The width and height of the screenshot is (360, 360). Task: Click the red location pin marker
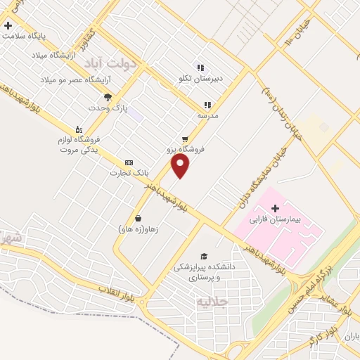(x=181, y=166)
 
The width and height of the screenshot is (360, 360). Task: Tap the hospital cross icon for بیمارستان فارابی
(x=275, y=208)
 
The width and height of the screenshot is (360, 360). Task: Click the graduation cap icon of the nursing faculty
(x=204, y=257)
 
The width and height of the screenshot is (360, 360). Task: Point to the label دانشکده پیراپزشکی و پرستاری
(x=204, y=273)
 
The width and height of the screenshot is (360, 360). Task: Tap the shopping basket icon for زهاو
(x=137, y=217)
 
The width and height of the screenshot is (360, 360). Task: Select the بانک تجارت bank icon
(x=128, y=162)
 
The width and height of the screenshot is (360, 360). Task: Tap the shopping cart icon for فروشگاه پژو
(x=185, y=139)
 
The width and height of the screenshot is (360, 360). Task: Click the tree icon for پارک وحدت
(x=108, y=97)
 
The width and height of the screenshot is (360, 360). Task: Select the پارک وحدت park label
(x=106, y=108)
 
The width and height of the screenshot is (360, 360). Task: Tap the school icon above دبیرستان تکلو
(x=200, y=68)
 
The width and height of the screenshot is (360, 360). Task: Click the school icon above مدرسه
(x=207, y=105)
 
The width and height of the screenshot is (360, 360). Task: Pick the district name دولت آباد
(x=113, y=64)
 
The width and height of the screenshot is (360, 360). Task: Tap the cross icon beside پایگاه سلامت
(x=8, y=25)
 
